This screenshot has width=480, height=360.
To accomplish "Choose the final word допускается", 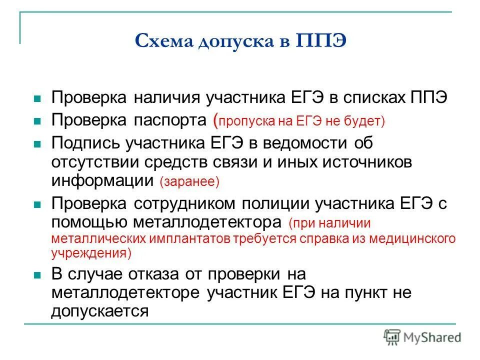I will pyautogui.click(x=100, y=311).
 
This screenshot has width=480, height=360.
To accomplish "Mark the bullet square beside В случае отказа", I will pyautogui.click(x=36, y=275).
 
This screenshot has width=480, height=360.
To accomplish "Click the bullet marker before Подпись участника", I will pyautogui.click(x=36, y=144).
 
